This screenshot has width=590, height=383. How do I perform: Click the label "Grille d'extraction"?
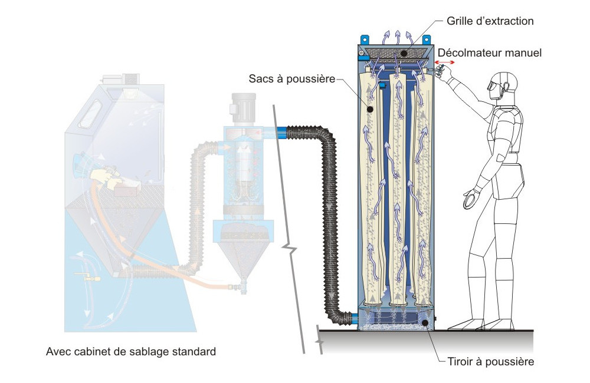490,21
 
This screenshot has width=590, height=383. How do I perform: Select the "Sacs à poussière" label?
291,78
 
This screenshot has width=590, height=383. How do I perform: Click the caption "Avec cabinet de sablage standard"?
131,352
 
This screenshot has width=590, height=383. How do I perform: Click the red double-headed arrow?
445,62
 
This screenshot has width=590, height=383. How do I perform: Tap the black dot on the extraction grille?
404,54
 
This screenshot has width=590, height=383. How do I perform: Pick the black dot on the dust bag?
371,109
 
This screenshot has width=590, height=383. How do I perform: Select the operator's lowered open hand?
471,199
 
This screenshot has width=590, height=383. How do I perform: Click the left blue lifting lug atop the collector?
365,39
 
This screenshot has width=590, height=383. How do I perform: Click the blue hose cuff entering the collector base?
355,319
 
